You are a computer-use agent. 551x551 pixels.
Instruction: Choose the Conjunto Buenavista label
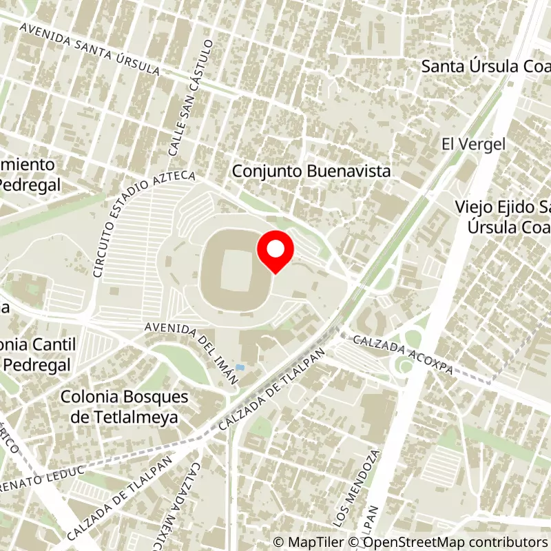311,171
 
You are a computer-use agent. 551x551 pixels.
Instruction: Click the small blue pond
240,367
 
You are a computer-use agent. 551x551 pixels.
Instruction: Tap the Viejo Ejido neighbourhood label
503,216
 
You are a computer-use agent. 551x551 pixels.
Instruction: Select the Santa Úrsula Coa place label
486,66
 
